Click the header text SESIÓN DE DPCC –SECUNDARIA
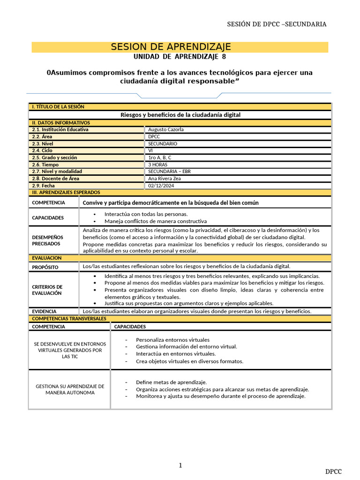(277, 24)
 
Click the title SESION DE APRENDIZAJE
(171, 47)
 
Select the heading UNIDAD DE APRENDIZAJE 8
(180, 57)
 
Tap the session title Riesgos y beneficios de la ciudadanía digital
(180, 114)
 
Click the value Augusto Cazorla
(165, 129)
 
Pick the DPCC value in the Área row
(154, 136)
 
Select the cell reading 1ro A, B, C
(160, 157)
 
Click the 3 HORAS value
(157, 165)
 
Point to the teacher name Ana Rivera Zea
(165, 179)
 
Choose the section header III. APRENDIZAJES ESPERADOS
(66, 192)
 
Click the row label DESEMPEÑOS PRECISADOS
(47, 240)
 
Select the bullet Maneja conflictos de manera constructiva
(155, 221)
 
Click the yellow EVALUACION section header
(46, 258)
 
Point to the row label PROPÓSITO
(45, 267)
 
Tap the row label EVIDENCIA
(44, 311)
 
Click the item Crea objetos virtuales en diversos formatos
(189, 361)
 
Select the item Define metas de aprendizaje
(171, 382)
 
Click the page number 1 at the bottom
(180, 465)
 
